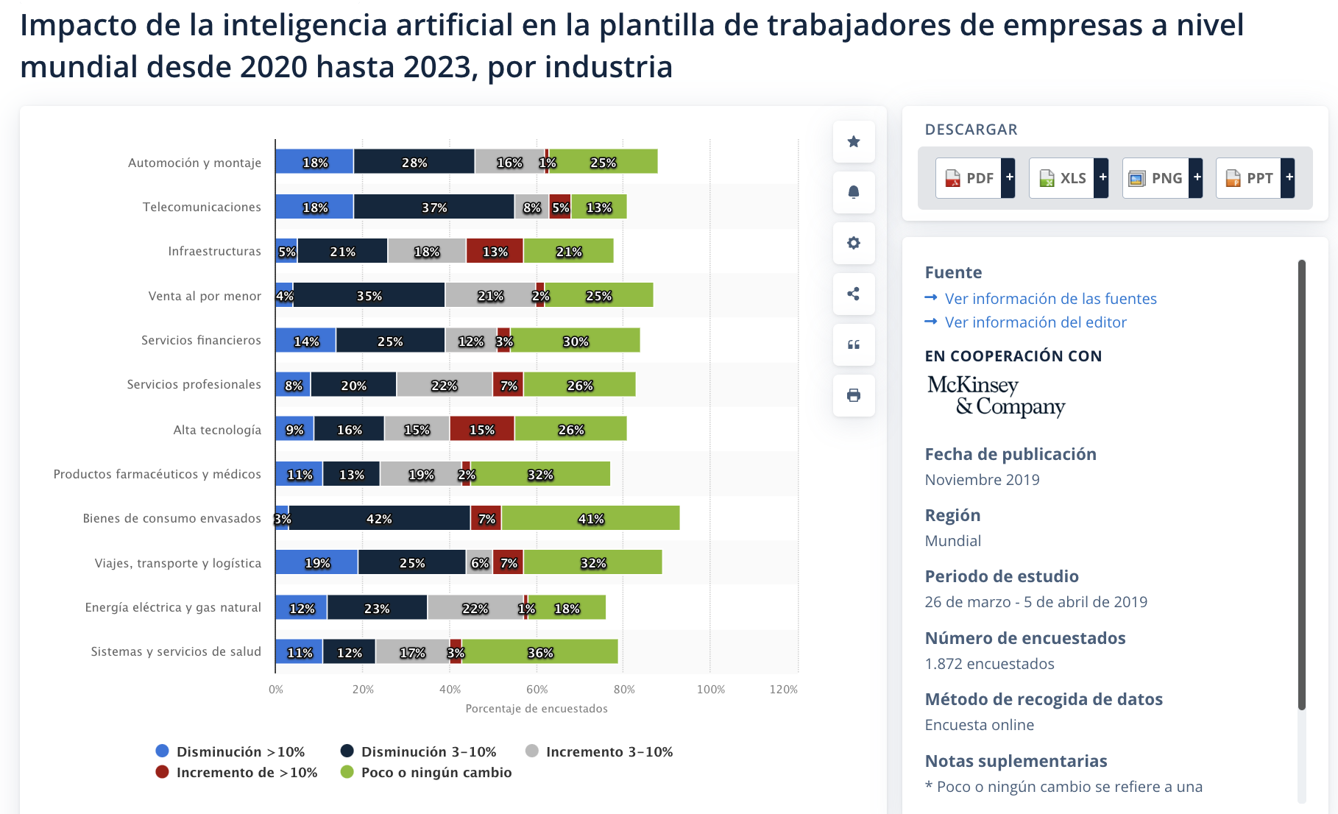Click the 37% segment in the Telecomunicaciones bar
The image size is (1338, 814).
click(x=433, y=208)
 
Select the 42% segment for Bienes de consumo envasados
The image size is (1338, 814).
click(x=379, y=518)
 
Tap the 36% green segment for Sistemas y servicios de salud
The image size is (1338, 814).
click(x=539, y=652)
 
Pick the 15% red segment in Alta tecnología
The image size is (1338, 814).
click(x=482, y=429)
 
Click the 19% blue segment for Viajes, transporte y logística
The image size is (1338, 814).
click(x=316, y=563)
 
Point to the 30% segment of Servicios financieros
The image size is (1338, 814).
click(x=575, y=341)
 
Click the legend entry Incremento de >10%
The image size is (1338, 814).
click(x=237, y=772)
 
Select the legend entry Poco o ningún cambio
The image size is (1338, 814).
click(x=426, y=772)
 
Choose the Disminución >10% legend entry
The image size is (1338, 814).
click(x=230, y=751)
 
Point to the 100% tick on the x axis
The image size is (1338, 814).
click(x=710, y=690)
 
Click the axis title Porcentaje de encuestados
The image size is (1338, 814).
click(x=537, y=709)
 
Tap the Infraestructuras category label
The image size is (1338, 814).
click(x=214, y=251)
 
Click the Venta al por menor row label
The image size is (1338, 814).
click(x=205, y=296)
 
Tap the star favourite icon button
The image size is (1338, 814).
click(x=854, y=141)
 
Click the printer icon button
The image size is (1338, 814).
click(x=854, y=395)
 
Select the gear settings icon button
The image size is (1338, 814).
click(x=854, y=243)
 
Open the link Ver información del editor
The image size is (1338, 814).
click(x=1035, y=322)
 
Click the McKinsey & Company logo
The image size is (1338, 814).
click(x=996, y=395)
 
